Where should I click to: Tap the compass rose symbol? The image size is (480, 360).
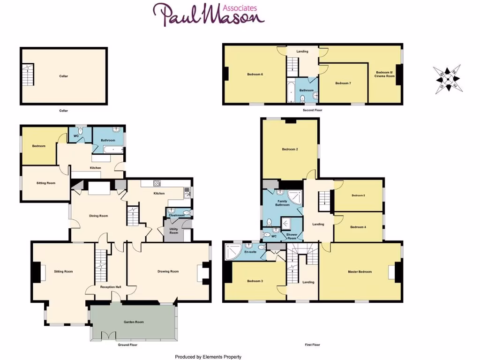[x=448, y=79]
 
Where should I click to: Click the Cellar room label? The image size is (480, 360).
[x=63, y=76]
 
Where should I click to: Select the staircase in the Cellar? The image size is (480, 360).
[x=29, y=75]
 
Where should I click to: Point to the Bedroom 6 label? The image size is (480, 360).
[x=255, y=74]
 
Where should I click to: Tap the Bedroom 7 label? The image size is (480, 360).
[x=343, y=83]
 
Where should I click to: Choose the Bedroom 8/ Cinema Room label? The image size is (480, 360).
[x=384, y=74]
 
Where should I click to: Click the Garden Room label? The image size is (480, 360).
[x=133, y=322]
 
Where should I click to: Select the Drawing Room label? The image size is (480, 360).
[x=168, y=271]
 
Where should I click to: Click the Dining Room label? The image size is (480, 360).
[x=98, y=216]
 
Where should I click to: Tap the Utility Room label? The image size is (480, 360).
[x=173, y=231]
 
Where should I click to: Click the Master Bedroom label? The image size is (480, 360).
[x=360, y=272]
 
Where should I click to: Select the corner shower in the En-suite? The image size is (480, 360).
[x=232, y=252]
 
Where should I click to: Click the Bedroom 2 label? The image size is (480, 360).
[x=290, y=149]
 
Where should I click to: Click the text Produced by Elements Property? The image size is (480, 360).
[x=208, y=357]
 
